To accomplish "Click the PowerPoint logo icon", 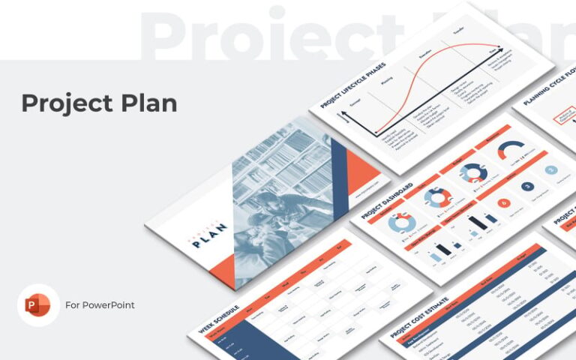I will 37,305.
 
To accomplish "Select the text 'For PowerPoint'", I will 100,305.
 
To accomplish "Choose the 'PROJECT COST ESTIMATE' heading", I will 416,321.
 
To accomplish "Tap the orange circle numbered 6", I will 503,202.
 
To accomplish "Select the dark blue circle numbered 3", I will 527,186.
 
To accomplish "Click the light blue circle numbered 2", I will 551,171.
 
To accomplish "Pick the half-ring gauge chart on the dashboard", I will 511,149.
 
